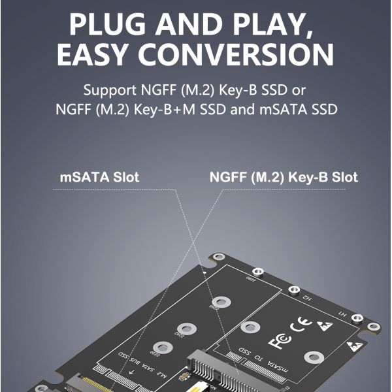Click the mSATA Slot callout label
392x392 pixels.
99,177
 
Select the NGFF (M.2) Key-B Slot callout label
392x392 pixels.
284,177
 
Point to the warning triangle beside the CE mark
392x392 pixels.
323,325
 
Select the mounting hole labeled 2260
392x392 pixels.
221,302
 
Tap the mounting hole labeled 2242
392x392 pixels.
188,328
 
